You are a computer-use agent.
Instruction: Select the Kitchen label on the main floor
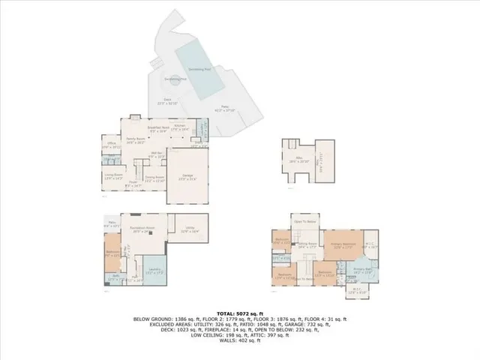(180, 127)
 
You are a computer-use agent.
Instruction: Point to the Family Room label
(135, 140)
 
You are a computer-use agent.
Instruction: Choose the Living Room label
(112, 176)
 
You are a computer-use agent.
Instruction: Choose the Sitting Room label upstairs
(307, 244)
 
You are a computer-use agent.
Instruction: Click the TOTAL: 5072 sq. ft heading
(240, 313)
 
